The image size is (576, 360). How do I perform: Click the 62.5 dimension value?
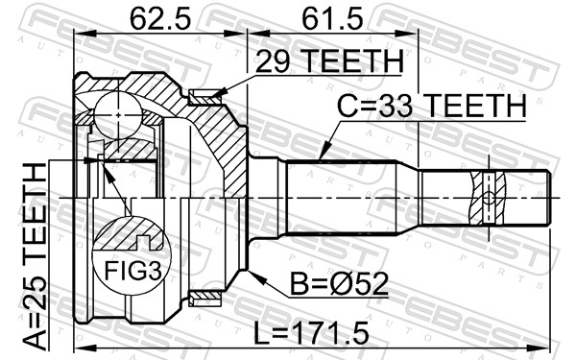click(x=160, y=19)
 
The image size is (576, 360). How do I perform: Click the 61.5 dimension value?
click(x=332, y=19)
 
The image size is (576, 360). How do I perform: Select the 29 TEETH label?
click(x=329, y=61)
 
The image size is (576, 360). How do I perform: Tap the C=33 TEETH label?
click(x=432, y=106)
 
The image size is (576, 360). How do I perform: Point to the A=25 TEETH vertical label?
click(x=36, y=256)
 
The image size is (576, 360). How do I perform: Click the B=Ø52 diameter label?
click(x=339, y=284)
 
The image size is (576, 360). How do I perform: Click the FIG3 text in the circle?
click(x=132, y=271)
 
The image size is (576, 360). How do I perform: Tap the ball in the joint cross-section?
click(x=118, y=115)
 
